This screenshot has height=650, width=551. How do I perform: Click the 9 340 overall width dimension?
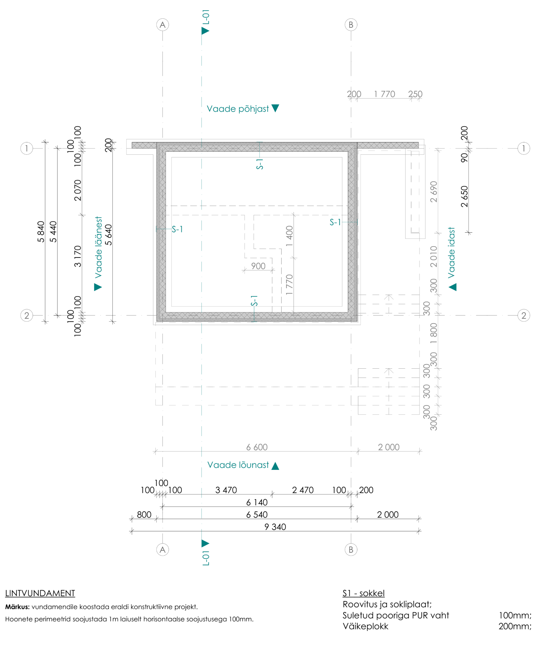coord(275,527)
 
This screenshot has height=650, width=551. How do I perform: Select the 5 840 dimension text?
coord(41,231)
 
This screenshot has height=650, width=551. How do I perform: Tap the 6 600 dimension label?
coord(257,447)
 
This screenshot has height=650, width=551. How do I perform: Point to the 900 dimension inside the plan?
coord(258,266)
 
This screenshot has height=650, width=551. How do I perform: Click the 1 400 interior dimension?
coord(289,236)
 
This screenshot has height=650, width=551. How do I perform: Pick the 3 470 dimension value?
coord(226,490)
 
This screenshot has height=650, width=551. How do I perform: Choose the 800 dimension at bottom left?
coord(144,514)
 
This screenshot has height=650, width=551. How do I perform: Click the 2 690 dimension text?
coord(434,191)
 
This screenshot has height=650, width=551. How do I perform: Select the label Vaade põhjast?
coord(237,109)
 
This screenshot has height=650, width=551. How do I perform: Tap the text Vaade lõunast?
coord(238,465)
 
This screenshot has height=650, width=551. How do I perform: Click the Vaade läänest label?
coord(98,247)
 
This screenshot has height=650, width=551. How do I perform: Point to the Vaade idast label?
coord(451,252)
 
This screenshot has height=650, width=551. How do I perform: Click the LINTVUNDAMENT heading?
coord(40,593)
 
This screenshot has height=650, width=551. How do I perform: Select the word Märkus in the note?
coord(17,607)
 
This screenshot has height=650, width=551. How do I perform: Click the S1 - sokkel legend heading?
coord(363,593)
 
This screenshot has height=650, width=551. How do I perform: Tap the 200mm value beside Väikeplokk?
coord(515,626)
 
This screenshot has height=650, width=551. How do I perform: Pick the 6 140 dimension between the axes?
coord(257,502)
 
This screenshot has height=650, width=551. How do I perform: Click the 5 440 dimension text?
coord(53,231)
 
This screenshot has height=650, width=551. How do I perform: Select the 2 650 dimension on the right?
coord(464,196)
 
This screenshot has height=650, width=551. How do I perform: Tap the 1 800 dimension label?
coord(434,334)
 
